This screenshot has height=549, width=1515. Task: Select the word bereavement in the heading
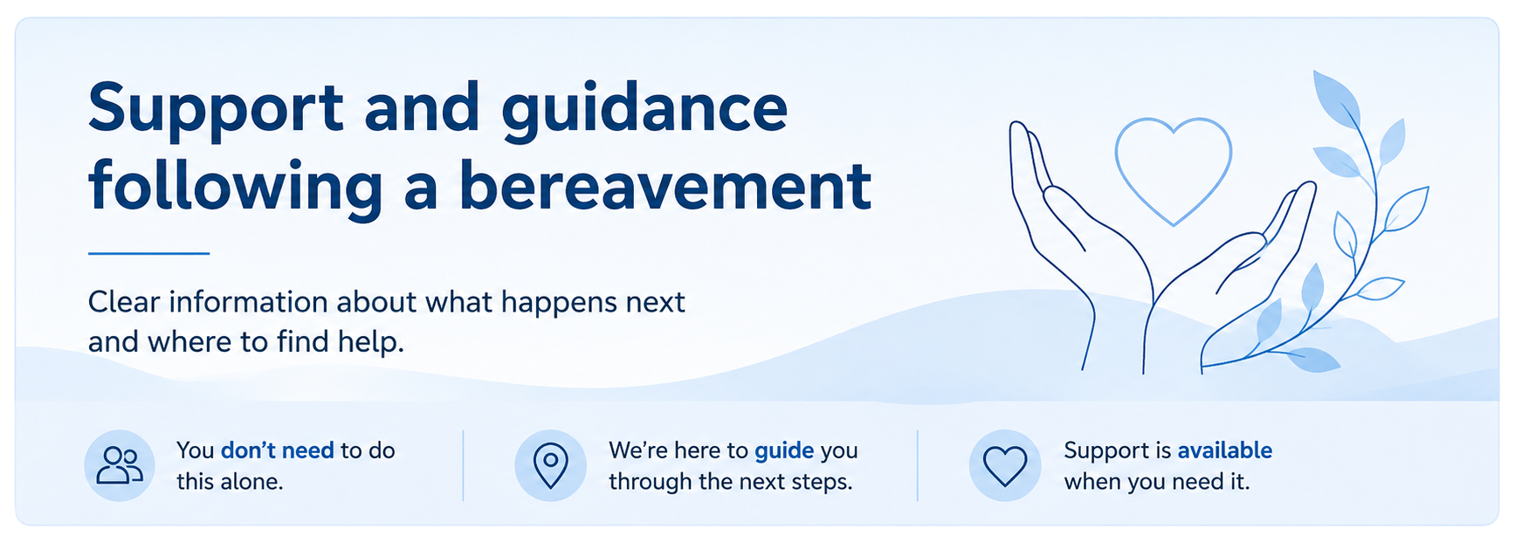pyautogui.click(x=665, y=186)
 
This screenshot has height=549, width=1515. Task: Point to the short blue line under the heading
pyautogui.click(x=148, y=253)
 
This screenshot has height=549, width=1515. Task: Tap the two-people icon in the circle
pyautogui.click(x=120, y=465)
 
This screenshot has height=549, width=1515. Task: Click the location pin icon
pyautogui.click(x=550, y=465)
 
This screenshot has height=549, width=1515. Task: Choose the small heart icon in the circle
pyautogui.click(x=1005, y=466)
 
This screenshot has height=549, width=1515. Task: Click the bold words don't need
pyautogui.click(x=278, y=450)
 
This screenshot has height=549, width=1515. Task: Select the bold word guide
pyautogui.click(x=784, y=451)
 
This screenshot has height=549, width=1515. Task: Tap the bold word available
pyautogui.click(x=1224, y=450)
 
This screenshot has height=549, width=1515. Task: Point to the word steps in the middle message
pyautogui.click(x=823, y=483)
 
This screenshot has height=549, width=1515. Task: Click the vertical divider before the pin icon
pyautogui.click(x=463, y=465)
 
